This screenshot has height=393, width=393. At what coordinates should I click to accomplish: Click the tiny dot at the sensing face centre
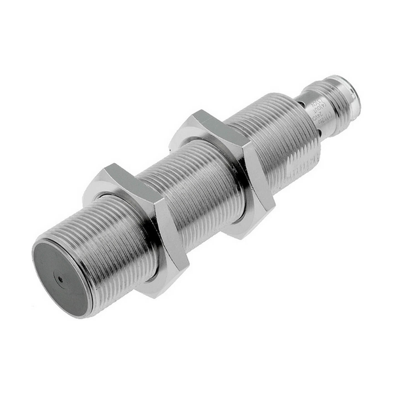(x=61, y=278)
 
